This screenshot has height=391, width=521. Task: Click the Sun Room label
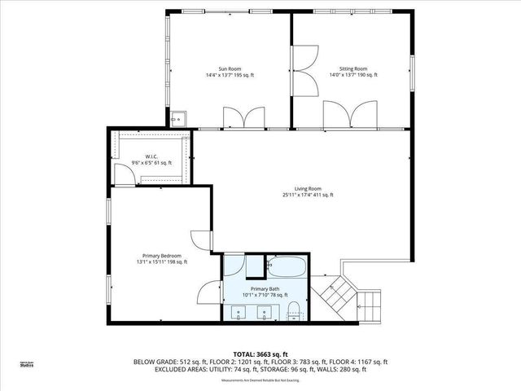[x=229, y=68]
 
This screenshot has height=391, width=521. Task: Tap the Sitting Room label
[x=353, y=68]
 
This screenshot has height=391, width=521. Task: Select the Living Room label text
[x=308, y=188]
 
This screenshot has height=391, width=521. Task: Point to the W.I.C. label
[x=151, y=156]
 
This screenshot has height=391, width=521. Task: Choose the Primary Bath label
[x=265, y=288]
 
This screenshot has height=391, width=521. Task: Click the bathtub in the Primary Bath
[x=287, y=266]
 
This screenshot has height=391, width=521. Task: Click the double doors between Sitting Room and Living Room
[x=348, y=114]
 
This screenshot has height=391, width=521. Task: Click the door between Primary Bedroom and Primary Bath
[x=210, y=292]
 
